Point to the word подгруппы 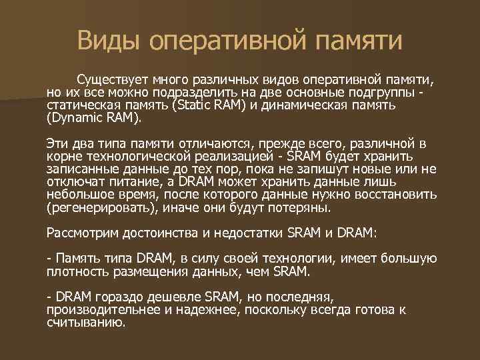pyautogui.click(x=390, y=93)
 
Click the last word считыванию pyautogui.click(x=85, y=322)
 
